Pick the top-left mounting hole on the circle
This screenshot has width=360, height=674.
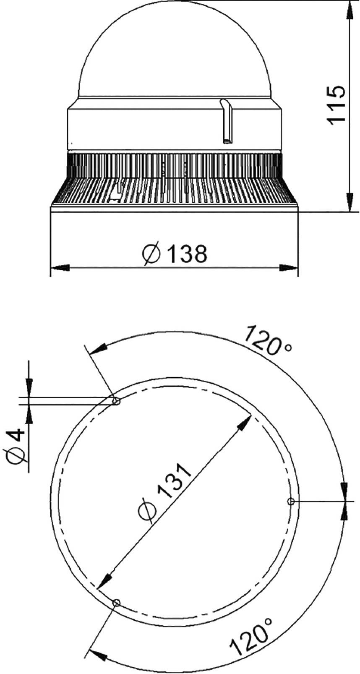(x=116, y=402)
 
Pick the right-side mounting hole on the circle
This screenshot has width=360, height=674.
(x=290, y=501)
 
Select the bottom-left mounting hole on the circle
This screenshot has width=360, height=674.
(x=116, y=603)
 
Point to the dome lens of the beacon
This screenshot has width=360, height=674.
(x=175, y=50)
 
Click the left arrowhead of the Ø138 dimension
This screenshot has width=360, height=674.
(x=59, y=267)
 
